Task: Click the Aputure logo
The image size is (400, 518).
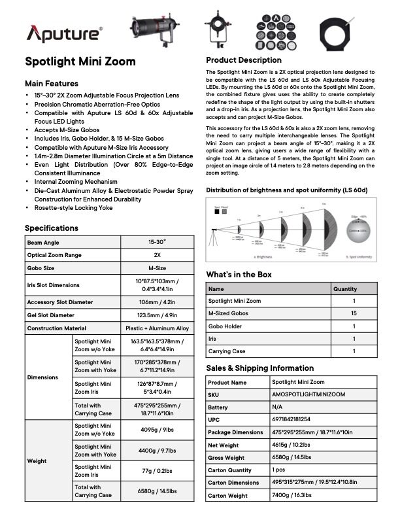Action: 63,33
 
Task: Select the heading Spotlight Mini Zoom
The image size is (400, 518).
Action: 80,61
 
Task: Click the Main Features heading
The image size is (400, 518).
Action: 51,84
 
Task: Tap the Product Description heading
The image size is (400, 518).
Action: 243,60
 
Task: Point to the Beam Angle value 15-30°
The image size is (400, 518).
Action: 156,242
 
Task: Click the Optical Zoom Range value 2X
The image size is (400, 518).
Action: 156,255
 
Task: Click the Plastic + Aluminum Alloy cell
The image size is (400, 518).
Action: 156,328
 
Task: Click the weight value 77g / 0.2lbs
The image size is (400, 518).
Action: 156,471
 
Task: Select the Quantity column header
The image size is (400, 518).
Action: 345,288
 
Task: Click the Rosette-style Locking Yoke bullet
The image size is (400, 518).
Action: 74,207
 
